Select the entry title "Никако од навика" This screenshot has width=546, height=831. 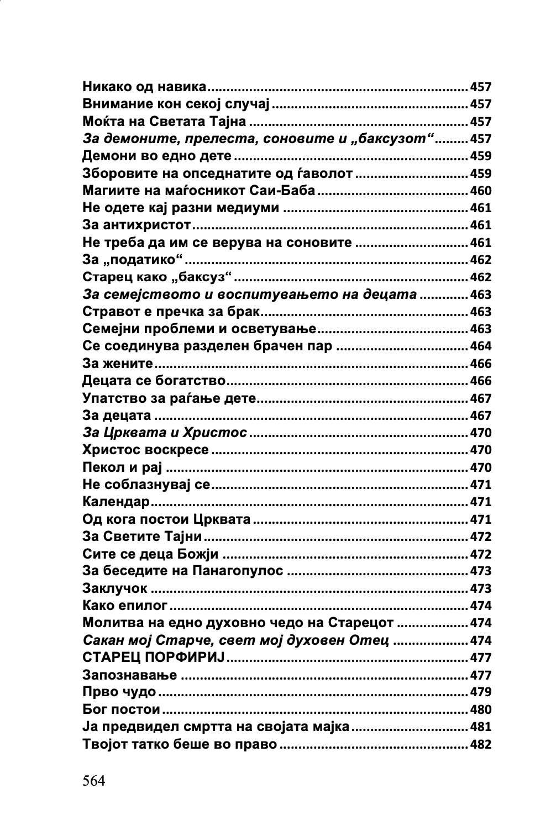pyautogui.click(x=144, y=87)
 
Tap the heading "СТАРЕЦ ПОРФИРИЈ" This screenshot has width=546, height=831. pyautogui.click(x=154, y=658)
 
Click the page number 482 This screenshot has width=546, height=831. pyautogui.click(x=480, y=744)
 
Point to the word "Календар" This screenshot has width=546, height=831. pyautogui.click(x=116, y=502)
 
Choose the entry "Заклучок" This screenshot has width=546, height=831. pyautogui.click(x=115, y=588)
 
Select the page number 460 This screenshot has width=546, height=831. pyautogui.click(x=480, y=191)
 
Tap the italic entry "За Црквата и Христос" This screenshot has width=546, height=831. pyautogui.click(x=165, y=433)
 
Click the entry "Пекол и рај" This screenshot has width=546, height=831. pyautogui.click(x=122, y=467)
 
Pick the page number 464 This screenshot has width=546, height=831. pyautogui.click(x=480, y=346)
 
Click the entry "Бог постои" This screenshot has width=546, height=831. pyautogui.click(x=121, y=709)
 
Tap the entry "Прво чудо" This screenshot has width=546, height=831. pyautogui.click(x=119, y=692)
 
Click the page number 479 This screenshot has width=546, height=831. pyautogui.click(x=480, y=692)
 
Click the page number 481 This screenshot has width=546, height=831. pyautogui.click(x=480, y=727)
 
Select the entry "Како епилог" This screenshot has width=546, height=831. pyautogui.click(x=125, y=606)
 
